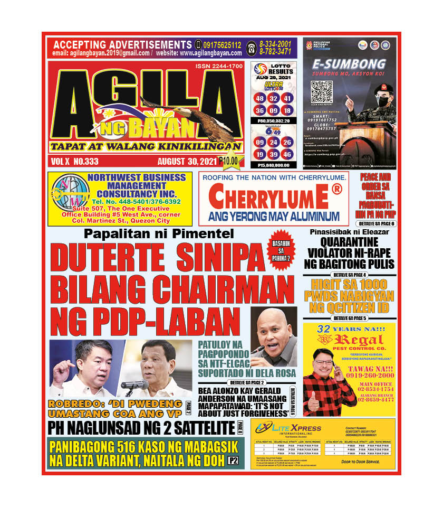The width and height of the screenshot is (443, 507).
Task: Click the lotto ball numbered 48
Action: [259, 99]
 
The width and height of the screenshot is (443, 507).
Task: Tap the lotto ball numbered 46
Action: [287, 154]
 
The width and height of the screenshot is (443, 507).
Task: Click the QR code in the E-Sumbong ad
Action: [322, 92]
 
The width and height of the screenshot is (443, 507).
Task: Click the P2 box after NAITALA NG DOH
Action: [233, 461]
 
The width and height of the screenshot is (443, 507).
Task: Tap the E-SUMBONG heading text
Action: [349, 64]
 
